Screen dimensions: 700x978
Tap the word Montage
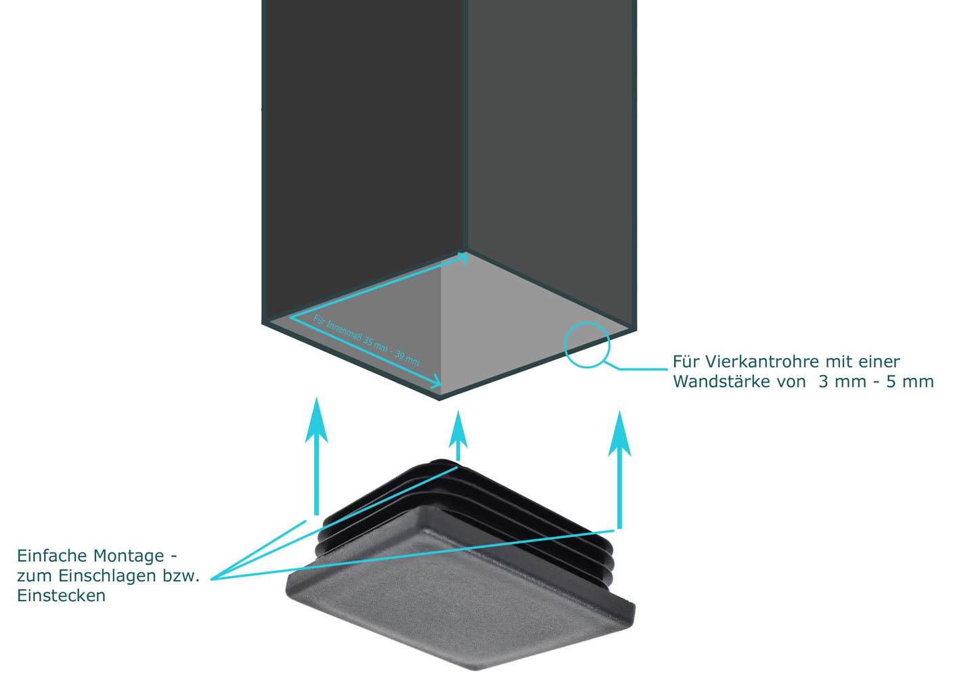(x=129, y=556)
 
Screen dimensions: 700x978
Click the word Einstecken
(x=61, y=596)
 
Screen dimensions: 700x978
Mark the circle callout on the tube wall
(x=587, y=345)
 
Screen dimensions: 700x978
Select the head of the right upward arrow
(x=619, y=433)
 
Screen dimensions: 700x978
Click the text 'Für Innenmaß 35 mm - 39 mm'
(x=366, y=341)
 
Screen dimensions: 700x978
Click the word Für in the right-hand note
(x=684, y=362)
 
